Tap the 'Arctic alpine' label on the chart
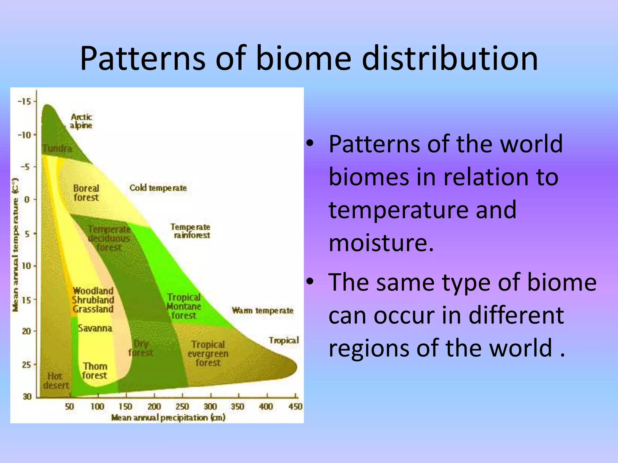(81, 121)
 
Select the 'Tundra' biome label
(57, 148)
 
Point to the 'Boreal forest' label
(86, 193)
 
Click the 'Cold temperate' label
(158, 188)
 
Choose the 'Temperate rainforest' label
(190, 231)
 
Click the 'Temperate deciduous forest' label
(109, 238)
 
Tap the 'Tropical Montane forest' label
(184, 306)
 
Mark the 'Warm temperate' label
(263, 310)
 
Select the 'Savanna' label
(95, 328)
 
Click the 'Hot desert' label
(56, 381)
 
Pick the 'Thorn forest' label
(95, 371)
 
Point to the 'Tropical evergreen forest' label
(208, 353)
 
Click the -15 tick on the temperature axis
(25, 102)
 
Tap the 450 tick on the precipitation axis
(295, 407)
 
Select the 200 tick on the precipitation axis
(154, 407)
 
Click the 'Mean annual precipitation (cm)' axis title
(168, 418)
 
